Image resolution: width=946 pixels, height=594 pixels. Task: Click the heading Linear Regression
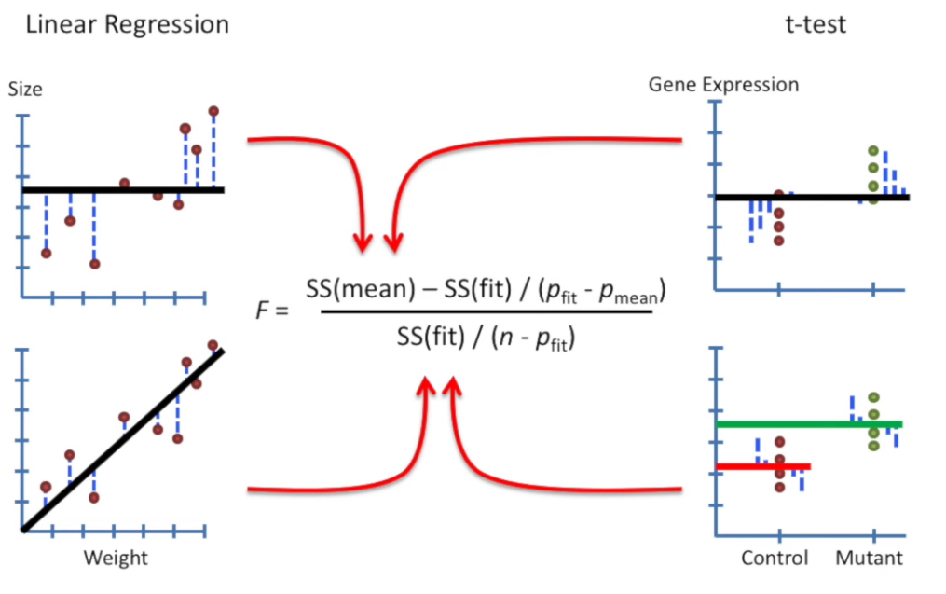(x=128, y=24)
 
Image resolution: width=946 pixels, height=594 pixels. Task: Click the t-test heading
(x=816, y=24)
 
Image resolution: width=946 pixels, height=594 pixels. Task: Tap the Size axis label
(x=25, y=90)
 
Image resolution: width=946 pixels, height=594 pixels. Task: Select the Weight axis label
(x=116, y=559)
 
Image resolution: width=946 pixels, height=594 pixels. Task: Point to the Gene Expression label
(x=723, y=85)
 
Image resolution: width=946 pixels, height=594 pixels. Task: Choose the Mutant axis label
(x=869, y=559)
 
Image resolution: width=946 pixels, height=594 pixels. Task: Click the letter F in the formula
(x=262, y=311)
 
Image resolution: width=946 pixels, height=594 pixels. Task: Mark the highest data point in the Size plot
(x=213, y=111)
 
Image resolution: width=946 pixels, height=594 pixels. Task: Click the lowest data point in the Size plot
(x=94, y=264)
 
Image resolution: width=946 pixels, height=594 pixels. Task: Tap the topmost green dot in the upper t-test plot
(x=873, y=150)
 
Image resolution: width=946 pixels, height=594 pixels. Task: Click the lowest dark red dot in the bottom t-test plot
(x=780, y=487)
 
